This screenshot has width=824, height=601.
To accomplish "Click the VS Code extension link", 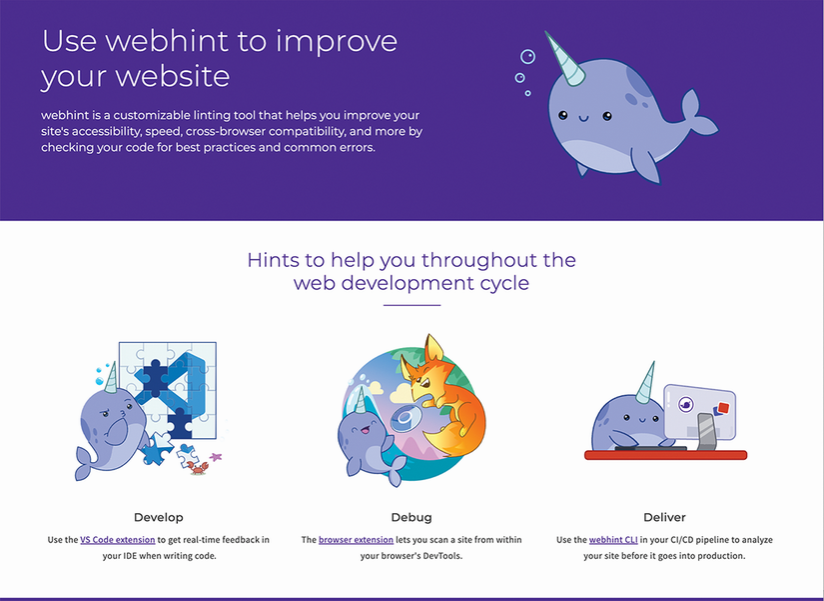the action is [118, 539].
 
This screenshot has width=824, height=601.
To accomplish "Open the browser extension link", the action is [356, 539].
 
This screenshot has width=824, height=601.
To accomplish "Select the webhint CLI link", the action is [613, 539].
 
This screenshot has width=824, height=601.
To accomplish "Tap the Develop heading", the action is [159, 517].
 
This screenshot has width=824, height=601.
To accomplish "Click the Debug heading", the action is [412, 517].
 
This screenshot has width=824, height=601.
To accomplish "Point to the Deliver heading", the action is [665, 517].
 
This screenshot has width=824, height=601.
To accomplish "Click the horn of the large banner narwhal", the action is [566, 59].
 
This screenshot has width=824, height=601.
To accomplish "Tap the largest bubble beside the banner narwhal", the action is [527, 56].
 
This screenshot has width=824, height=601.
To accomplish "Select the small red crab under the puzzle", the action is [198, 467].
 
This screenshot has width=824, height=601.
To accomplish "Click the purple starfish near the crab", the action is [216, 457].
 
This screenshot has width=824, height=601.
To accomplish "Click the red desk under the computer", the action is [666, 455].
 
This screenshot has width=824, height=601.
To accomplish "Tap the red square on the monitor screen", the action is [724, 407].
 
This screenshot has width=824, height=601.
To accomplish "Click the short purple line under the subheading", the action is [412, 305].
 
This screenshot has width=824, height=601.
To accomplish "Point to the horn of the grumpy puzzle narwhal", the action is [110, 378].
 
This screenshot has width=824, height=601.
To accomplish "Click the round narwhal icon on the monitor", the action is [686, 405].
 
